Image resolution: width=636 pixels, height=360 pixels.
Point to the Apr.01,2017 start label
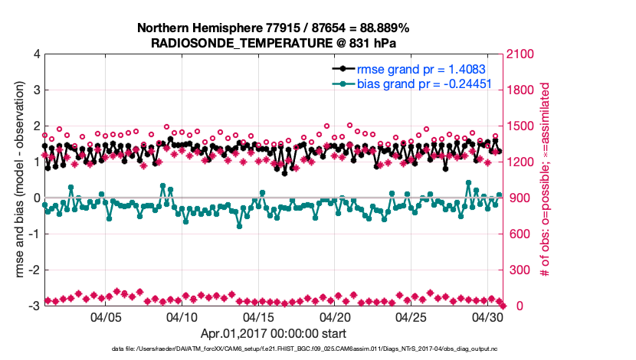[x=274, y=333]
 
